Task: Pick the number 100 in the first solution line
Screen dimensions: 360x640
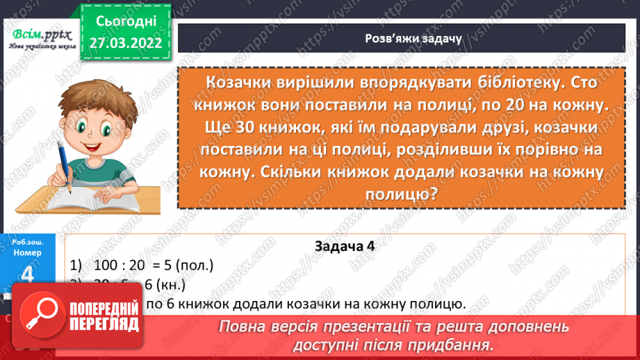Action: (x=103, y=265)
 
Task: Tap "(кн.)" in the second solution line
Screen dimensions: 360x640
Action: (x=172, y=284)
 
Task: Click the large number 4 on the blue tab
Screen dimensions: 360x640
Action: (x=28, y=276)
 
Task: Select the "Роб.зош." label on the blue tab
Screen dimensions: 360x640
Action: (x=28, y=241)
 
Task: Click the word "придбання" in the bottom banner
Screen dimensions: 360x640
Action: (x=445, y=345)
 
